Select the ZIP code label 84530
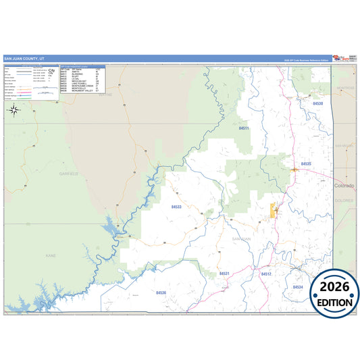tap(317, 103)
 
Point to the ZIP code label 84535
tap(306, 164)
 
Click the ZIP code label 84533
tap(176, 207)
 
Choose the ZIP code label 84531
tap(224, 274)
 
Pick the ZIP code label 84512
tap(266, 274)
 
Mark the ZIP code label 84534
tap(298, 287)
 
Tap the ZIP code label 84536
tap(161, 292)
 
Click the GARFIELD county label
tap(69, 174)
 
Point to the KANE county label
tap(50, 257)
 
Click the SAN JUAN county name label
tap(241, 239)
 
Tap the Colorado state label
tap(344, 185)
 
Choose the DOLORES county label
tap(344, 201)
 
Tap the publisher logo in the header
tap(340, 59)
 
